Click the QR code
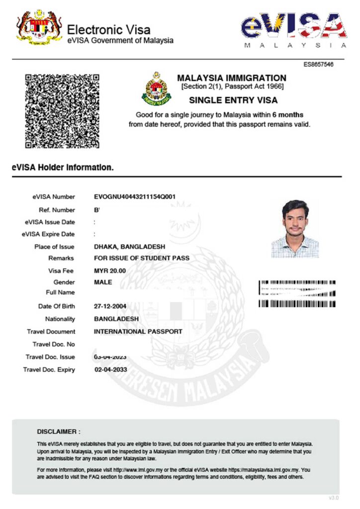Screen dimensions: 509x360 62,111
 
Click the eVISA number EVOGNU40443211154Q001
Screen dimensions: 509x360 134,197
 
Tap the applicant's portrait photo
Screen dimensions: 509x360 295,229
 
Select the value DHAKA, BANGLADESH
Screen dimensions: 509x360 129,247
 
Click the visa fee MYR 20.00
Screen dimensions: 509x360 110,270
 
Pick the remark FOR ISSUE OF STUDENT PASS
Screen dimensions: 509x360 142,258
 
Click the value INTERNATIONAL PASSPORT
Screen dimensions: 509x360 138,332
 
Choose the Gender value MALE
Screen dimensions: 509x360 103,282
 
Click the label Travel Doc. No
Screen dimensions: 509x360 54,344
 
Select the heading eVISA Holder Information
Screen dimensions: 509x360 63,168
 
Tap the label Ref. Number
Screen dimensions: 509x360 57,210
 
